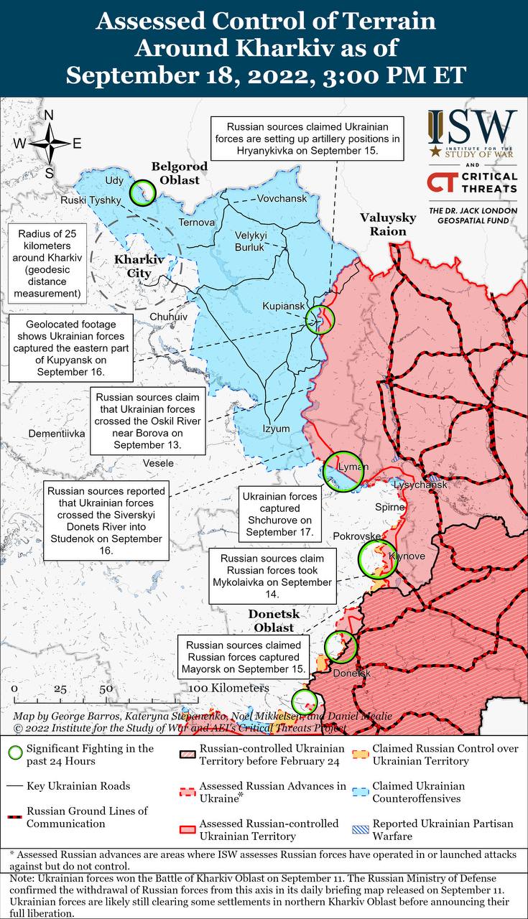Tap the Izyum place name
pos(276,429)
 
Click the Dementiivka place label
pos(57,434)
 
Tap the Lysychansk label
pos(420,485)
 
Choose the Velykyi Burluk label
pos(250,241)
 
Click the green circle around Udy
pos(143,192)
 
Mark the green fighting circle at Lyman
pos(341,471)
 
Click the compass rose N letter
pos(49,116)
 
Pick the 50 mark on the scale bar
pos(106,689)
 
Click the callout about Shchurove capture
pos(279,514)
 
